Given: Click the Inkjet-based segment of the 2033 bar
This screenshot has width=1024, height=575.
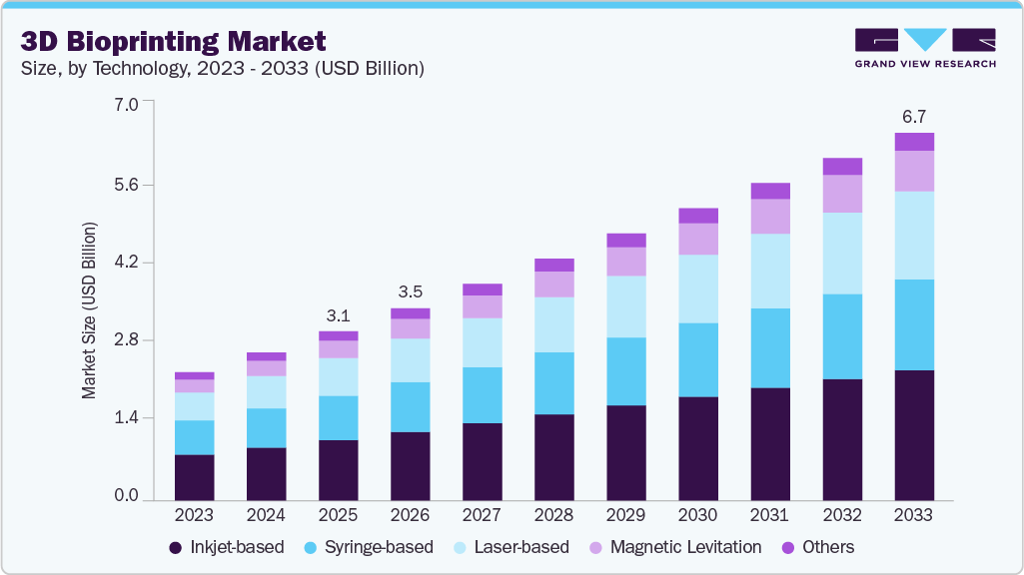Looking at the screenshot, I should pos(914,435).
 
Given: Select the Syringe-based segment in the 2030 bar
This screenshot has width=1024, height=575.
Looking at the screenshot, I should pos(697,359).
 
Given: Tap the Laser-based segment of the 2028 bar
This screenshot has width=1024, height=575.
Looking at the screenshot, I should pos(553,324).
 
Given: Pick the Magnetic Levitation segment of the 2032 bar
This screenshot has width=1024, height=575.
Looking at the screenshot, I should pos(842,194).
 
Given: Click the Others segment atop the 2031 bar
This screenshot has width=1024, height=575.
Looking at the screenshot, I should pos(770,191).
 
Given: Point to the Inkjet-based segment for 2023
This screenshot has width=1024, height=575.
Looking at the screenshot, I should pos(194,477).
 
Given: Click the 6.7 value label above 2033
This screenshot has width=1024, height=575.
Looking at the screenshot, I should pos(914,117).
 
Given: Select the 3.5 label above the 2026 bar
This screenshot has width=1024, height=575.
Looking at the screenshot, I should pos(410,292).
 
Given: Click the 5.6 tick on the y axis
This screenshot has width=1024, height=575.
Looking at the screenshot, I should pos(126,185).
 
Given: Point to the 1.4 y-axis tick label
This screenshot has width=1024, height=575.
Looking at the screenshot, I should pos(126,417).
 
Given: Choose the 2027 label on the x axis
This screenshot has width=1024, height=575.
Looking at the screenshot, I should pos(482,515).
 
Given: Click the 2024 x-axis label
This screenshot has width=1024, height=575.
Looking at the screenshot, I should pos(266,515).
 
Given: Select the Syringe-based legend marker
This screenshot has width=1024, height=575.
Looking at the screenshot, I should pos(311,547).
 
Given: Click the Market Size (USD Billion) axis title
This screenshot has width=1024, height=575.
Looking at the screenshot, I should pos(90,311).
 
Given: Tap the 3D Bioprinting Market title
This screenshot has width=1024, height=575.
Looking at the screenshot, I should pos(174,42).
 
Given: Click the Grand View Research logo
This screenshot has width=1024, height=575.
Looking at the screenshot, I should pos(924,47).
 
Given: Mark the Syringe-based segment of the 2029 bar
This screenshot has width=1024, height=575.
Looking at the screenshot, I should pos(625,371).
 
